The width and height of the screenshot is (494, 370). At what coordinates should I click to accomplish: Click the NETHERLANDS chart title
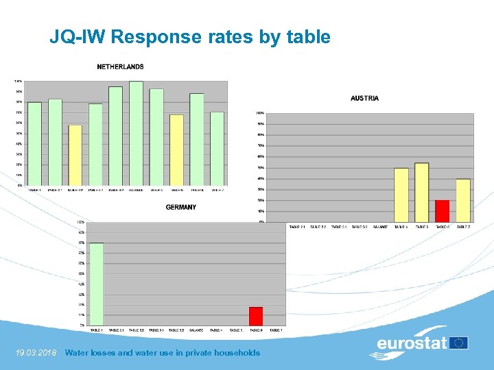(x=120, y=66)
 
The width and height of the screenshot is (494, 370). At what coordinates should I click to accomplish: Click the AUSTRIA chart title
(x=364, y=98)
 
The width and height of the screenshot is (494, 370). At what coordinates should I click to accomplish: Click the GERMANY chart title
(x=181, y=207)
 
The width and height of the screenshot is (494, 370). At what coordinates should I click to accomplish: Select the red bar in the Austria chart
(x=443, y=211)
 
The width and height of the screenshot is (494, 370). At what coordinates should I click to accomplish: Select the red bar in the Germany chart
(x=256, y=316)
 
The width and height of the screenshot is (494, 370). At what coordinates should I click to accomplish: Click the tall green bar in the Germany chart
(x=97, y=284)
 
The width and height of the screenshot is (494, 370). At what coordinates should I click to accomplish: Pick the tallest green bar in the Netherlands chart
(x=136, y=133)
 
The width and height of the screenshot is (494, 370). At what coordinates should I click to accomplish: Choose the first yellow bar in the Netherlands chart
(x=75, y=155)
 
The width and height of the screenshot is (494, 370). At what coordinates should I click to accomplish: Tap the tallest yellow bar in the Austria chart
(x=422, y=192)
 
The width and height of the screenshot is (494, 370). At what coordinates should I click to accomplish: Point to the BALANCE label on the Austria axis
(x=380, y=227)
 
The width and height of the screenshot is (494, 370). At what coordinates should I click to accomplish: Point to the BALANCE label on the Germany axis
(x=196, y=330)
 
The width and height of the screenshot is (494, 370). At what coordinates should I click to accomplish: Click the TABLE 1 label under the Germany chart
(x=97, y=330)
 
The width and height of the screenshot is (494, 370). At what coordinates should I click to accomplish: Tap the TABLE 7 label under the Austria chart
(x=464, y=227)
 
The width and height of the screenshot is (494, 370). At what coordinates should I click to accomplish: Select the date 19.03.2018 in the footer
(x=36, y=353)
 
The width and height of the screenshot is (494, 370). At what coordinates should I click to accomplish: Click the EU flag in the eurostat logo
(x=459, y=343)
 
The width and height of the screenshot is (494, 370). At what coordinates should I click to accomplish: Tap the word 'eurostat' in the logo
(x=412, y=343)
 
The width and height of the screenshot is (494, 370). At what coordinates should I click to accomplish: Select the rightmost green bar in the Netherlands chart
(x=217, y=148)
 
